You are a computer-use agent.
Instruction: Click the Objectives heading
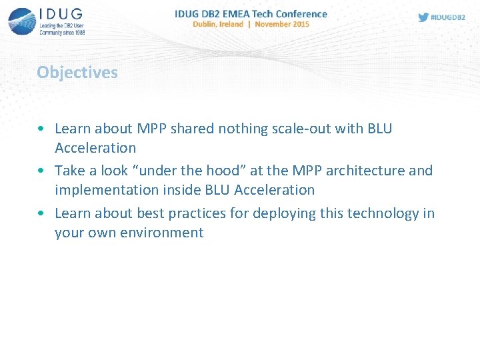[77, 72]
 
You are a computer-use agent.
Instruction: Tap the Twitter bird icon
[423, 17]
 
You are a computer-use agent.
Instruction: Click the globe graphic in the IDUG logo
[22, 21]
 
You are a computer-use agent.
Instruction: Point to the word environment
[162, 233]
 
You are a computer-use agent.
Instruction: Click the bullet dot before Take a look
[42, 171]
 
